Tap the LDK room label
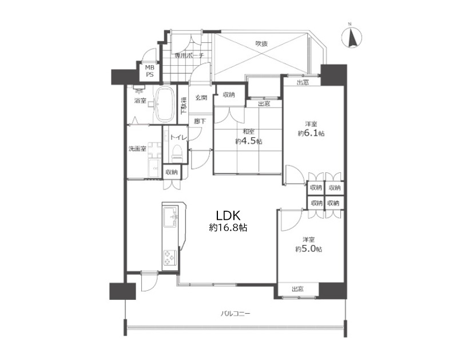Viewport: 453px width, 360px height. tap(228, 215)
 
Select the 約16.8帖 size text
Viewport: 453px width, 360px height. tap(228, 228)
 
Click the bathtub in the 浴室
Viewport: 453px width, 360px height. tap(165, 104)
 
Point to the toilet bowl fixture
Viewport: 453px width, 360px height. tap(177, 154)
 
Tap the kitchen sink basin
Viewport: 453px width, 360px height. tap(171, 217)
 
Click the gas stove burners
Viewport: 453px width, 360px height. tap(169, 258)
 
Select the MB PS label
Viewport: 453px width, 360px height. tap(150, 71)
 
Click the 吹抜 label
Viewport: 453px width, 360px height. tap(262, 43)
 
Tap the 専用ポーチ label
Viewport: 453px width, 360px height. tap(189, 56)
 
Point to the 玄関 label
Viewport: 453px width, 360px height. tap(201, 97)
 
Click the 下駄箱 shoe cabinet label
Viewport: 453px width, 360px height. tap(184, 105)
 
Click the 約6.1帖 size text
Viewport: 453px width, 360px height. tap(311, 133)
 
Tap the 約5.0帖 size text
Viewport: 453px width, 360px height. tap(309, 249)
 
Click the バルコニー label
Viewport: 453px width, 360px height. tap(236, 314)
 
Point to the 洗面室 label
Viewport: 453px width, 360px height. tap(137, 149)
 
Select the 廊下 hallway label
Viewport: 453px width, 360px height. tap(200, 121)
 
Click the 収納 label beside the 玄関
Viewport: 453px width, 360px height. tap(229, 94)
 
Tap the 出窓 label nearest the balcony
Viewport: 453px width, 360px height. tap(297, 289)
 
